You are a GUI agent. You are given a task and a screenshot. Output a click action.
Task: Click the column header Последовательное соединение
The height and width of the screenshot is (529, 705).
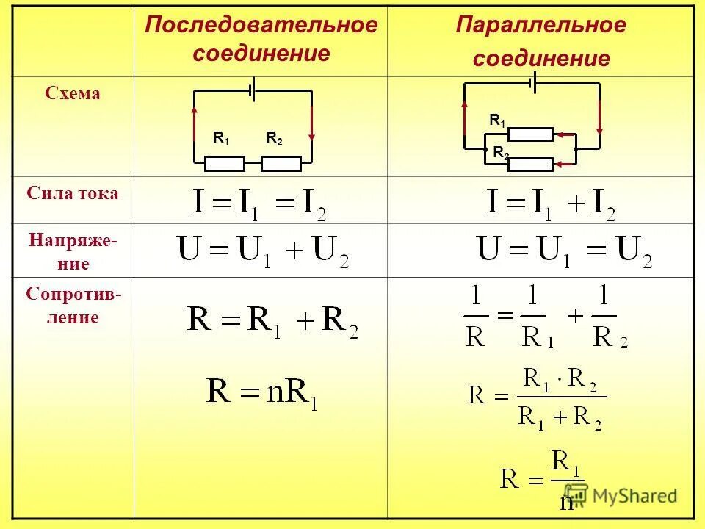pyautogui.click(x=261, y=39)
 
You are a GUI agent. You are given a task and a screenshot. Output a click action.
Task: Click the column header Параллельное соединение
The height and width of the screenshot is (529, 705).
pyautogui.click(x=541, y=42)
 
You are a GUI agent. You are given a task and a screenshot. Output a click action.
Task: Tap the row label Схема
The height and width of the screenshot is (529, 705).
pyautogui.click(x=73, y=93)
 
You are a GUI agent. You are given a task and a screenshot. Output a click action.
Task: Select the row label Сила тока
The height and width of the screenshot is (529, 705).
pyautogui.click(x=73, y=194)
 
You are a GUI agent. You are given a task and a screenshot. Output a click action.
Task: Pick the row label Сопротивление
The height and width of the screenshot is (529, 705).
pyautogui.click(x=73, y=306)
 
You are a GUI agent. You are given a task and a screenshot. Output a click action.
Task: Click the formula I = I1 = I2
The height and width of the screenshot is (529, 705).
pyautogui.click(x=259, y=202)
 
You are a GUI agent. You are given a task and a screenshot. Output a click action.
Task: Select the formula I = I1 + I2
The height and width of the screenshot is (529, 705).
pyautogui.click(x=551, y=203)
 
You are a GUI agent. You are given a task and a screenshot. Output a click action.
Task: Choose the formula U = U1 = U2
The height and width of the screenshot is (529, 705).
pyautogui.click(x=564, y=251)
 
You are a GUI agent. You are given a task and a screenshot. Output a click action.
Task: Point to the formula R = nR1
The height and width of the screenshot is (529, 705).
pyautogui.click(x=262, y=392)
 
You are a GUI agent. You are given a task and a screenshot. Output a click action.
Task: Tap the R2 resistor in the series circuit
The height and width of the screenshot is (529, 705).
pyautogui.click(x=281, y=163)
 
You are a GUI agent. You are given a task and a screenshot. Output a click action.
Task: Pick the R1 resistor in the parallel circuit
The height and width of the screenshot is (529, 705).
pyautogui.click(x=530, y=134)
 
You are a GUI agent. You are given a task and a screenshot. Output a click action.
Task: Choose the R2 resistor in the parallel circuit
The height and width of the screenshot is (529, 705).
pyautogui.click(x=530, y=164)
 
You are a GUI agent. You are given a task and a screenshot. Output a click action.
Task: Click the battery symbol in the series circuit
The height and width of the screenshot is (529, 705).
pyautogui.click(x=253, y=90)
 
